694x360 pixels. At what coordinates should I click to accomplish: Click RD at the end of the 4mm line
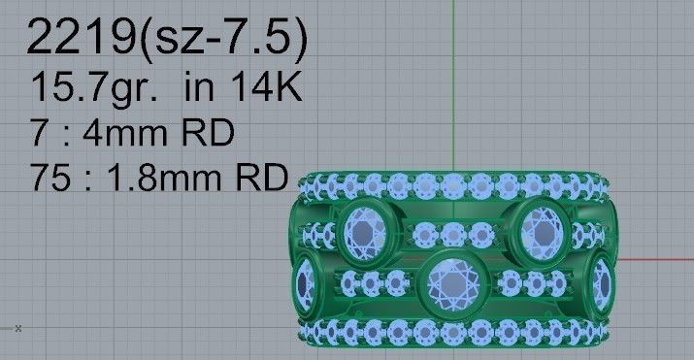pos(211,133)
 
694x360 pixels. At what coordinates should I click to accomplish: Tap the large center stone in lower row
pos(451,281)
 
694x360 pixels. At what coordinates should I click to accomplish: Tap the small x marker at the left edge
pos(17,328)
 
